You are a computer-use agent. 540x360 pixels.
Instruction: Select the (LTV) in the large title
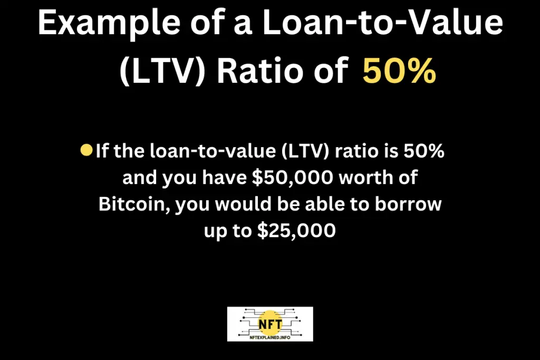pyautogui.click(x=162, y=71)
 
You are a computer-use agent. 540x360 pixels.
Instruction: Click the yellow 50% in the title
pyautogui.click(x=399, y=71)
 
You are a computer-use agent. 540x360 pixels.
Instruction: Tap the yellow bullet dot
pyautogui.click(x=86, y=150)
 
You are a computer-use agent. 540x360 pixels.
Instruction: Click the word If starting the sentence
pyautogui.click(x=103, y=151)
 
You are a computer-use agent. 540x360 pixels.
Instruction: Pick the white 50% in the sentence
pyautogui.click(x=423, y=151)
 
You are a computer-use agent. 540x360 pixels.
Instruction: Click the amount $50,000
pyautogui.click(x=293, y=178)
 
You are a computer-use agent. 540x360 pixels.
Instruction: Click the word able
pyautogui.click(x=325, y=204)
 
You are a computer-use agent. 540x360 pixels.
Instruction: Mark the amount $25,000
pyautogui.click(x=296, y=230)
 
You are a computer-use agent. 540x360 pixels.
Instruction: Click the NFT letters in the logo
pyautogui.click(x=271, y=324)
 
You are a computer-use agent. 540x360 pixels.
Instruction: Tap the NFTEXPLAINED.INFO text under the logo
pyautogui.click(x=270, y=338)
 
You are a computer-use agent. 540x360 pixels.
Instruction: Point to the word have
pyautogui.click(x=224, y=177)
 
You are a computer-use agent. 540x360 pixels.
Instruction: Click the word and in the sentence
pyautogui.click(x=139, y=177)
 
